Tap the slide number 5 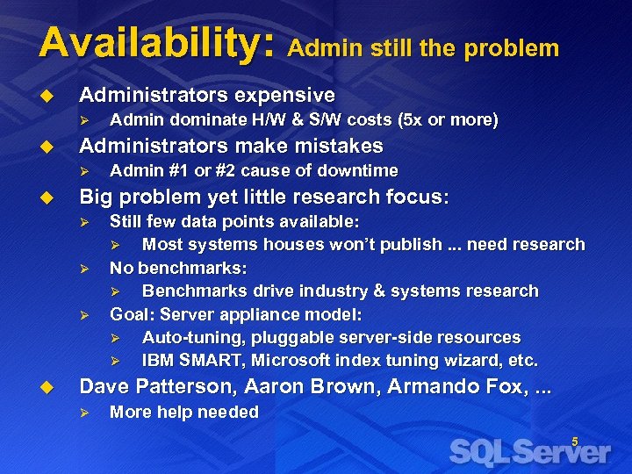pyautogui.click(x=575, y=442)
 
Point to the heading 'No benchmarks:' pyautogui.click(x=178, y=268)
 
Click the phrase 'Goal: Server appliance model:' pyautogui.click(x=235, y=314)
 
